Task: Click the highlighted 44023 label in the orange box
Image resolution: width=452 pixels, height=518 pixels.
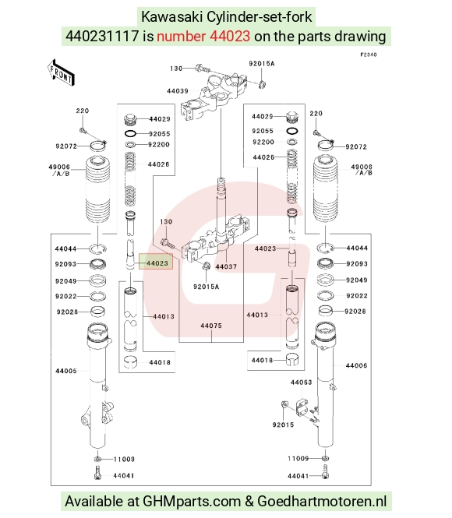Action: point(157,263)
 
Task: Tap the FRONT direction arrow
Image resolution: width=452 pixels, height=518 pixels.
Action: point(61,73)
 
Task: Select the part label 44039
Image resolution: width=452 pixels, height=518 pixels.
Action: point(178,91)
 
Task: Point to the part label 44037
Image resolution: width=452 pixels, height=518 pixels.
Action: point(226,266)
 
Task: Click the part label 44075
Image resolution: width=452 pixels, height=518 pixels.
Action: point(211,326)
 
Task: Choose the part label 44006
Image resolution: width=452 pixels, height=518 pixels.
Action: point(356,365)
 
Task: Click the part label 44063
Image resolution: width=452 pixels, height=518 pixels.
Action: point(301,382)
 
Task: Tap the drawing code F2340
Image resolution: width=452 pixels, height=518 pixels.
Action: point(369,55)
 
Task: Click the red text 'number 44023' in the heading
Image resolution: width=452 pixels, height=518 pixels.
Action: point(203,36)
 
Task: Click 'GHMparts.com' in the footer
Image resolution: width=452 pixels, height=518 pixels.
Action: point(191,501)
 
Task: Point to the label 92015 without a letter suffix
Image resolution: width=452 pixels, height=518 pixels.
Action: point(283,425)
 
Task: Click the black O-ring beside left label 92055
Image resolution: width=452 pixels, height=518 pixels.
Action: point(130,134)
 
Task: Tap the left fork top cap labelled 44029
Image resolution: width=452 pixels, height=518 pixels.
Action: point(130,119)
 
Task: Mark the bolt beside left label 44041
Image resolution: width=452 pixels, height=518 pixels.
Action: point(97,473)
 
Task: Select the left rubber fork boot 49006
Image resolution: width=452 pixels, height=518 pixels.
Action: point(97,189)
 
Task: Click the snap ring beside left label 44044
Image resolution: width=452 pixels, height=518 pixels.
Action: point(98,248)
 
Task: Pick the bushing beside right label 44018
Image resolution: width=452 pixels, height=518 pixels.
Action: point(292,359)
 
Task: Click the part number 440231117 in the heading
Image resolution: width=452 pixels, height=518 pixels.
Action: point(102,36)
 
